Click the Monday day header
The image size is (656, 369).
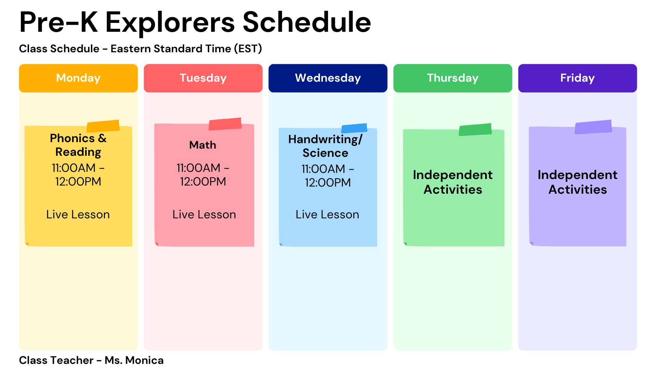78,78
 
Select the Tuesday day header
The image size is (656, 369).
203,78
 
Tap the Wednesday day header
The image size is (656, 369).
328,78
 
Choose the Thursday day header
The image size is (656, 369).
453,78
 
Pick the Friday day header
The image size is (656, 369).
577,78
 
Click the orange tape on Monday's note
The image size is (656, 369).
103,126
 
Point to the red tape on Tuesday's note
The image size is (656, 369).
225,124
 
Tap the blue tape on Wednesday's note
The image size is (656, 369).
354,128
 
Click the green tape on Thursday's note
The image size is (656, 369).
475,129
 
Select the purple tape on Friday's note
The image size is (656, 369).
593,127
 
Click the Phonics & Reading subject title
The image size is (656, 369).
78,145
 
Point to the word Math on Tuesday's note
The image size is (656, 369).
203,145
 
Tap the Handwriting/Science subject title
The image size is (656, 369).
325,146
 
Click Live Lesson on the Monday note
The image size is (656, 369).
78,215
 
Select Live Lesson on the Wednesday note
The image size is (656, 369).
327,215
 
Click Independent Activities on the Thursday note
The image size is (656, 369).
453,182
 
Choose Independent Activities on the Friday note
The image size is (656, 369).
577,182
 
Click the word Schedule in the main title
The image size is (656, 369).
307,22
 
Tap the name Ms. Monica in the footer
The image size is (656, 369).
134,360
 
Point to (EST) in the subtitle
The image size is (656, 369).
248,49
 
